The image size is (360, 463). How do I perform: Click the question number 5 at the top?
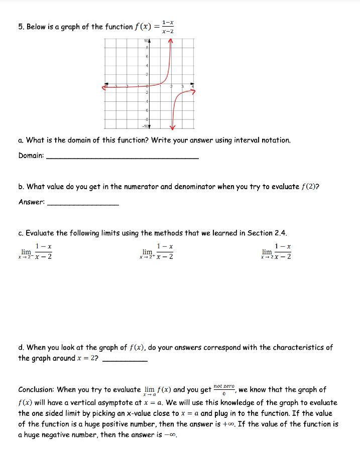[x=21, y=27]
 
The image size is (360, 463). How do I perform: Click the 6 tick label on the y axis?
[x=147, y=57]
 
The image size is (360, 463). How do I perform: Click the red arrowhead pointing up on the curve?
[x=171, y=42]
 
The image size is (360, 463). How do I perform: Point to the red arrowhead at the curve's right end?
[x=192, y=92]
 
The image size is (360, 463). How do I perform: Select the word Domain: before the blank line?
[x=31, y=156]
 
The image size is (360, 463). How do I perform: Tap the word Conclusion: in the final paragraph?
[x=37, y=389]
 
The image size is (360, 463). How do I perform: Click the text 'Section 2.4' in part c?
[x=272, y=233]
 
